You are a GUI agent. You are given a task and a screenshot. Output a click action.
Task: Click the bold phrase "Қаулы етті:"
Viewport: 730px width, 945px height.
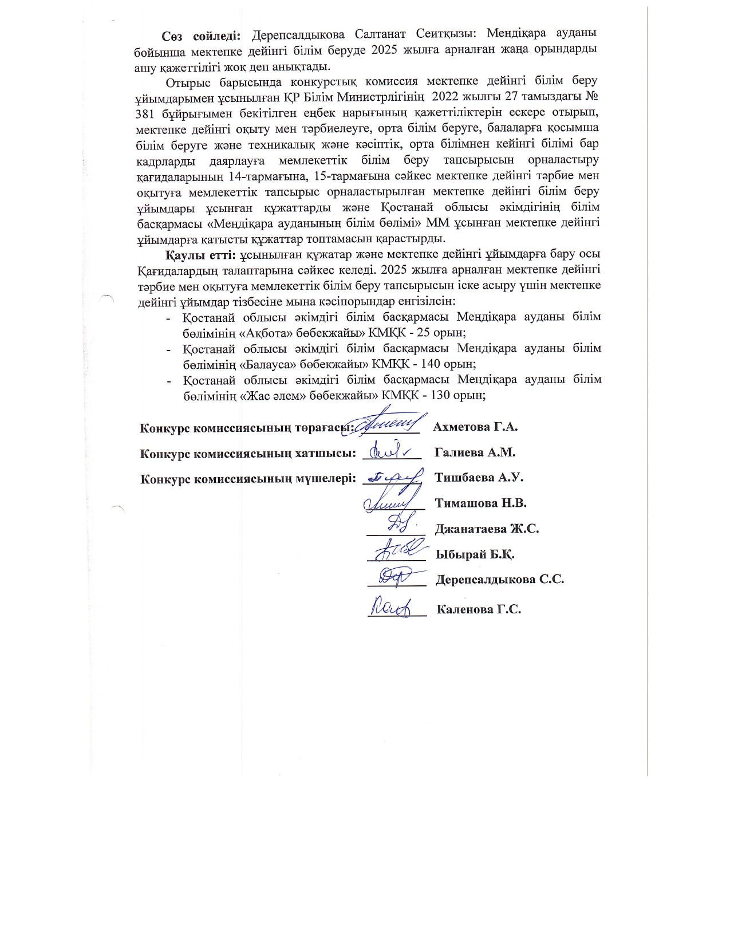(201, 254)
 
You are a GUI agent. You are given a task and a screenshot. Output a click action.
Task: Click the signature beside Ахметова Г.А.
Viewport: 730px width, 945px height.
(389, 424)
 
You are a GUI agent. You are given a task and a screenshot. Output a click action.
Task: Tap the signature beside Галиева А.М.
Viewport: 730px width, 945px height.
(389, 452)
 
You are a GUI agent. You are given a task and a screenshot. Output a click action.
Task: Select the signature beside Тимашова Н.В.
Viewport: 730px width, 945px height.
(389, 502)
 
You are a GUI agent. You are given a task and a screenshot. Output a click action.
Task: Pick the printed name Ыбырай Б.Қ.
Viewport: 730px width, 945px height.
(475, 554)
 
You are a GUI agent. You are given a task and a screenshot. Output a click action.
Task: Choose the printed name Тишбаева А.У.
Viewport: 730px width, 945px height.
(479, 478)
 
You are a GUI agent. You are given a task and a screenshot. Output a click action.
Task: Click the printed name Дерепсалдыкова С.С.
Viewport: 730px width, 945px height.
(499, 580)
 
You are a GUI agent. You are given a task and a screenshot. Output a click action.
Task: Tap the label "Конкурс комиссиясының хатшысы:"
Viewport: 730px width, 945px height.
(246, 453)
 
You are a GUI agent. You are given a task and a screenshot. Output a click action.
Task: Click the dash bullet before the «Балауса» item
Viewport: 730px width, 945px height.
(168, 349)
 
